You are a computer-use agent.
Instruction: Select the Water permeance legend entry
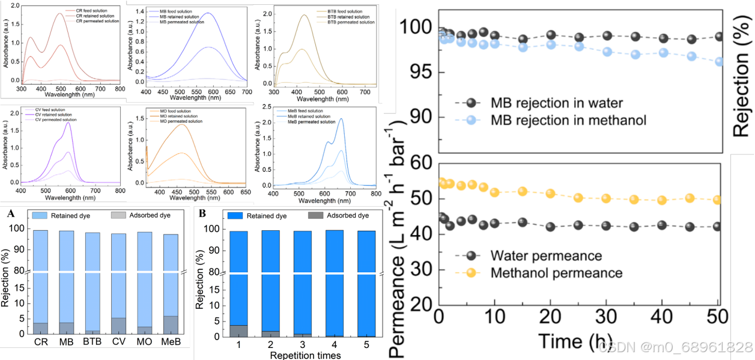(546, 256)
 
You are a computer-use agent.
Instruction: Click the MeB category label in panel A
(171, 341)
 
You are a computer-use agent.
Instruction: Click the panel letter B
(202, 212)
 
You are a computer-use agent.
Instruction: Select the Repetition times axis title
(305, 355)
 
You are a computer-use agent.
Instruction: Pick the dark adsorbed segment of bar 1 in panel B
(238, 331)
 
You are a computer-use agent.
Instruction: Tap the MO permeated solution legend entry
(175, 122)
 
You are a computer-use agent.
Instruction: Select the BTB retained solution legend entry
(349, 17)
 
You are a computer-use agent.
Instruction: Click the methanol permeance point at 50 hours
(717, 200)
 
